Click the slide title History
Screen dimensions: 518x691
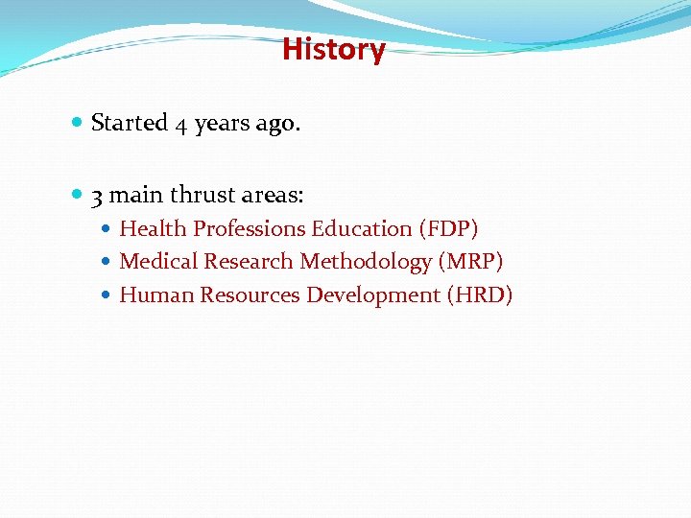coord(333,49)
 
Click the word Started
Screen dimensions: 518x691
coord(129,124)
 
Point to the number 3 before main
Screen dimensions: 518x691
coord(97,197)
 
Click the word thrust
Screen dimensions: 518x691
coord(202,196)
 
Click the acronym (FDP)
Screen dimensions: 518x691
coord(448,229)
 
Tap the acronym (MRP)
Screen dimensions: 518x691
coord(471,262)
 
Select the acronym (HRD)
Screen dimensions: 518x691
coord(480,295)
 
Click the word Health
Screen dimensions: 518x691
coord(154,229)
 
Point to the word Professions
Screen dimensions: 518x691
coord(250,229)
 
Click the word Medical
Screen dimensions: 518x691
coord(158,262)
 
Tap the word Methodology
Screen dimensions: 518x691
coord(366,262)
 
